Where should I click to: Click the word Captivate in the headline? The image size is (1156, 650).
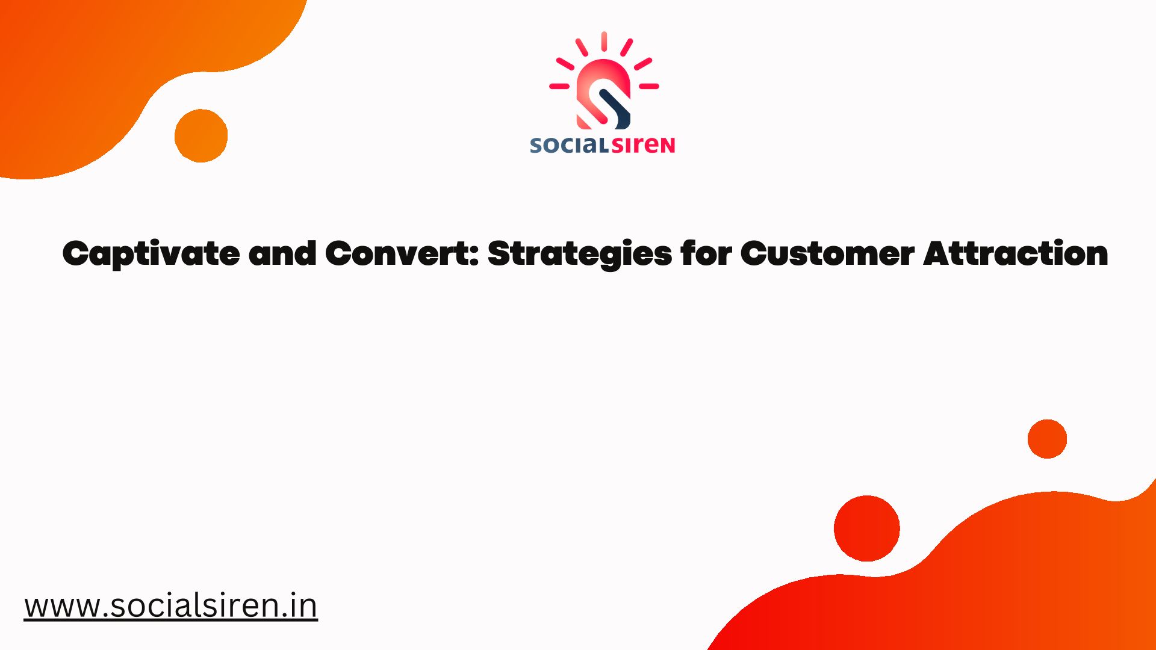click(x=151, y=254)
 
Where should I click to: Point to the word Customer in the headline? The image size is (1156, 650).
click(x=827, y=253)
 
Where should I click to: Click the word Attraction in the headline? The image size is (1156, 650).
click(x=1016, y=253)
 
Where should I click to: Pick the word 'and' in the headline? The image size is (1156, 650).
click(x=282, y=253)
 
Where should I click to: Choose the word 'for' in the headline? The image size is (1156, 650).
click(x=706, y=253)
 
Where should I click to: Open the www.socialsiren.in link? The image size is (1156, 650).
click(x=171, y=605)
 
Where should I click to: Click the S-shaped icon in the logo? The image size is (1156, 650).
click(x=603, y=94)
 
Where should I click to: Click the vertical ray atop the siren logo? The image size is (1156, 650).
click(x=604, y=42)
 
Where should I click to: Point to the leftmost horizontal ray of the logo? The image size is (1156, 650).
click(x=559, y=86)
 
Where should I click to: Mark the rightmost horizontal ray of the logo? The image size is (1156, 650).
click(x=648, y=86)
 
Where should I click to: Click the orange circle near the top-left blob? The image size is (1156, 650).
click(x=201, y=136)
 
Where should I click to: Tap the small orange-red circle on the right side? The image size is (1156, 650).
click(x=1047, y=439)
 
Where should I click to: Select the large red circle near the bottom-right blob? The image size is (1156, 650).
click(x=867, y=528)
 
